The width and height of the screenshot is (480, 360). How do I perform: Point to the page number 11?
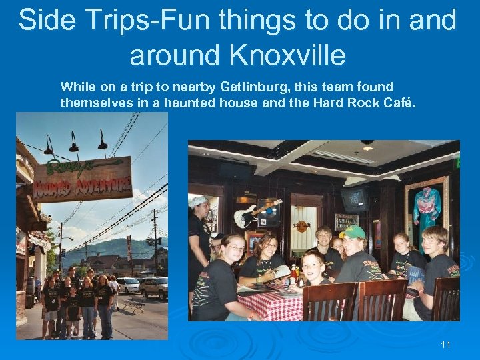(x=446, y=345)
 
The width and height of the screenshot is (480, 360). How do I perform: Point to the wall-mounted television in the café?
(x=356, y=199)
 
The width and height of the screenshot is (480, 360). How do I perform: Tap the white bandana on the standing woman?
(x=199, y=201)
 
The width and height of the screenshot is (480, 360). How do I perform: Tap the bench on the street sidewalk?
(x=133, y=305)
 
